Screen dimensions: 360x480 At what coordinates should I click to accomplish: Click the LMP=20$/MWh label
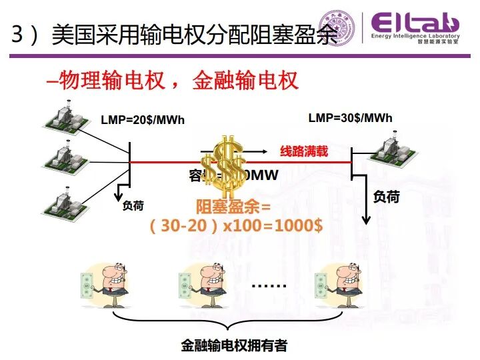(x=142, y=120)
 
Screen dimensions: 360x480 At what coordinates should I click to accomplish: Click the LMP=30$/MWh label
(x=350, y=119)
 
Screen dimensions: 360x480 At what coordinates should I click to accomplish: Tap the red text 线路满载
(x=304, y=151)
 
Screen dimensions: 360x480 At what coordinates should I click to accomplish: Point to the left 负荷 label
(x=133, y=206)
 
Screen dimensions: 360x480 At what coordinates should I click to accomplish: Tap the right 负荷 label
(x=386, y=197)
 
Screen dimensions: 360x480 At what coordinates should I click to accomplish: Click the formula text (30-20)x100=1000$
(x=237, y=225)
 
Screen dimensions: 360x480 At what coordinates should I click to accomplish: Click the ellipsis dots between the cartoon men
(x=269, y=285)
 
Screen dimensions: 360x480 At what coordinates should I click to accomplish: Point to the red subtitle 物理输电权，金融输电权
(x=172, y=81)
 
